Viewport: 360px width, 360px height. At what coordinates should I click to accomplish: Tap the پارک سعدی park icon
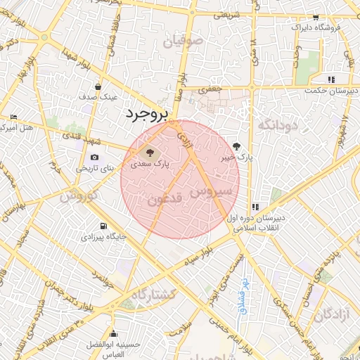click(148, 152)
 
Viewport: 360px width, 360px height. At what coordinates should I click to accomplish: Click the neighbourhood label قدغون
click(165, 200)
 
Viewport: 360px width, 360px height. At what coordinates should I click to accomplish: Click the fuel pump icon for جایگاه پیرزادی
click(104, 226)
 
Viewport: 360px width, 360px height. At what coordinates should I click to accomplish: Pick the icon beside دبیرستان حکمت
click(330, 79)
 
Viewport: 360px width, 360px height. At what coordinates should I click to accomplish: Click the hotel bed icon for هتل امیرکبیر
click(13, 117)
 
